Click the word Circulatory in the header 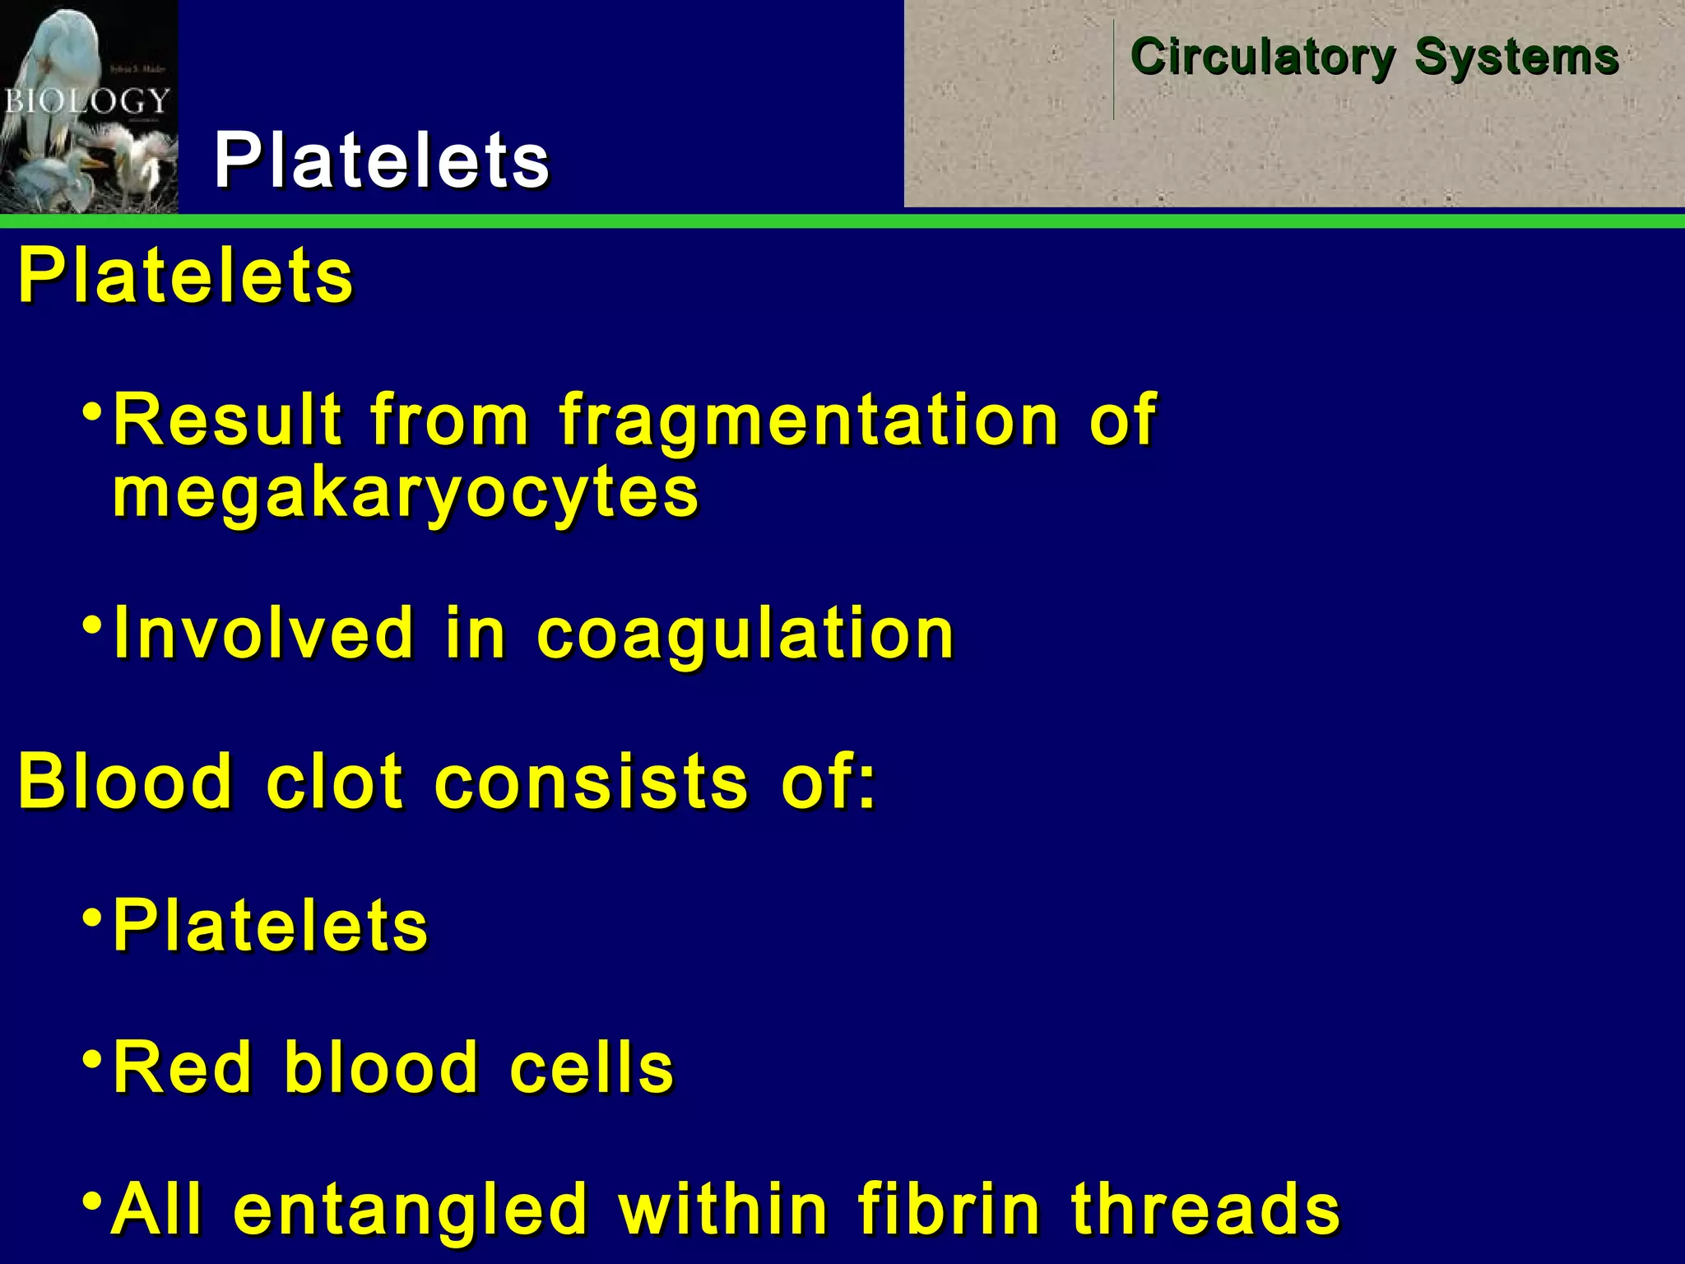click(1263, 58)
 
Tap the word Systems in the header click(1516, 58)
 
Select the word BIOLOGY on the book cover click(86, 101)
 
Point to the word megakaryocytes click(406, 494)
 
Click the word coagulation click(745, 634)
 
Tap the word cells click(592, 1067)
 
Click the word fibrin click(949, 1208)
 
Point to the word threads click(1205, 1208)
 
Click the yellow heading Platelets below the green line click(186, 276)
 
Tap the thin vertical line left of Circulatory click(1114, 70)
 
